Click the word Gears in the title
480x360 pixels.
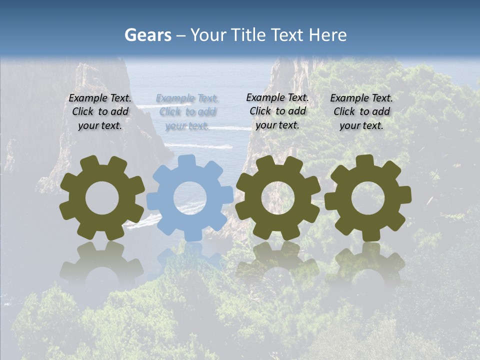click(147, 35)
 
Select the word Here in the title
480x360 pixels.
click(327, 35)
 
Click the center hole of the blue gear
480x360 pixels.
click(190, 198)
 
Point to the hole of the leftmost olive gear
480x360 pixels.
click(102, 197)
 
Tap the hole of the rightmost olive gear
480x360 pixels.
click(367, 197)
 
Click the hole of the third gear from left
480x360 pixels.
click(277, 197)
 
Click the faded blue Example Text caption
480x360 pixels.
click(187, 98)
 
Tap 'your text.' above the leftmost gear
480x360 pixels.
click(100, 125)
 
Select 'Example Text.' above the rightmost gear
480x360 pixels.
click(361, 98)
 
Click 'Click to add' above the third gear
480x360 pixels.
click(277, 111)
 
